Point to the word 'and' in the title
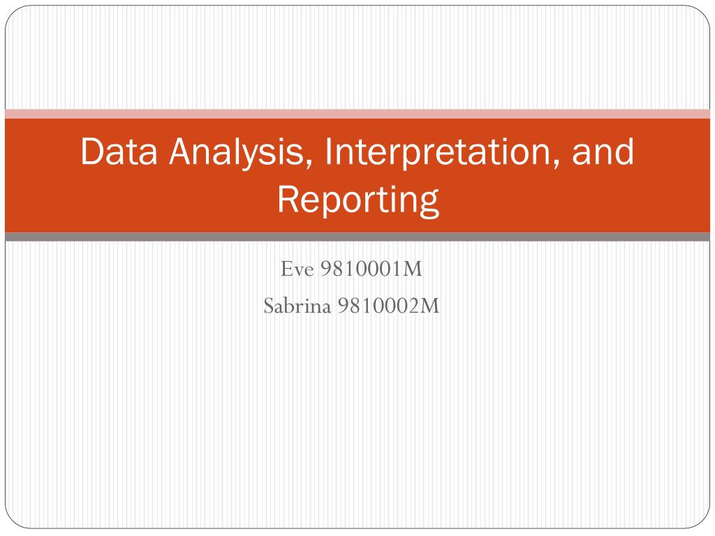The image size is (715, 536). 604,152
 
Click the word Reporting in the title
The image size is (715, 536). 357,200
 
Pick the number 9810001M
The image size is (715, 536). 371,269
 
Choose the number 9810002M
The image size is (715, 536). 388,306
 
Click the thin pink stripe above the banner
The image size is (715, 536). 357,114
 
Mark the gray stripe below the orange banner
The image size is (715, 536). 357,237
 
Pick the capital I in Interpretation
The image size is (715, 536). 327,152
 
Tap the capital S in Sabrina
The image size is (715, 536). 269,306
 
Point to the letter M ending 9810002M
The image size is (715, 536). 431,306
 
